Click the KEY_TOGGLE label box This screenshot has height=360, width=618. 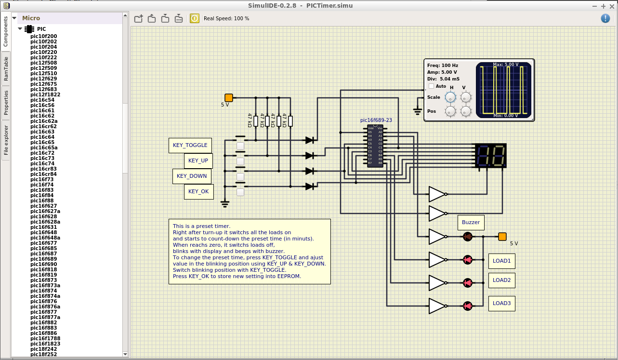pyautogui.click(x=190, y=145)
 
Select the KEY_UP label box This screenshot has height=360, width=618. pyautogui.click(x=198, y=160)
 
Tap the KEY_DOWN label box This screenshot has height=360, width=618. pyautogui.click(x=192, y=176)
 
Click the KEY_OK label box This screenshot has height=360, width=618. pyautogui.click(x=198, y=191)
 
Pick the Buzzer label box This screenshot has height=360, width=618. pyautogui.click(x=471, y=222)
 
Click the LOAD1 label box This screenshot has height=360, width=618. pyautogui.click(x=501, y=261)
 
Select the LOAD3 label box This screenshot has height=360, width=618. pyautogui.click(x=501, y=303)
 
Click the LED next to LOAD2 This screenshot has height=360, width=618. pyautogui.click(x=467, y=283)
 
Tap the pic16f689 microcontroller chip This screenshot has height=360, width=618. pyautogui.click(x=375, y=146)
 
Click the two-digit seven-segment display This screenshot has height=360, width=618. pyautogui.click(x=490, y=155)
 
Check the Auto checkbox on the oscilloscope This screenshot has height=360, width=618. pyautogui.click(x=432, y=86)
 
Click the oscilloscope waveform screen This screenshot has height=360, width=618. pyautogui.click(x=504, y=90)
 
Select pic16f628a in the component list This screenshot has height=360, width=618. pyautogui.click(x=45, y=222)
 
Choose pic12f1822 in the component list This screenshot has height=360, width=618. pyautogui.click(x=45, y=94)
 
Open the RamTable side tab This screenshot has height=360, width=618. pyautogui.click(x=6, y=68)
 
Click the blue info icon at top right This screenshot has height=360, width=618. pyautogui.click(x=605, y=18)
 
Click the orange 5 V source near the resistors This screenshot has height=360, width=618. pyautogui.click(x=229, y=98)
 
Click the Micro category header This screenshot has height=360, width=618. pyautogui.click(x=31, y=18)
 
